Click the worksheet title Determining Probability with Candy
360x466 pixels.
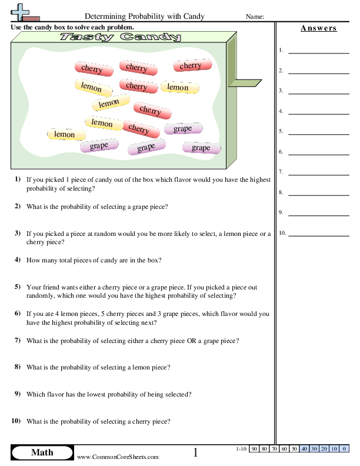145,16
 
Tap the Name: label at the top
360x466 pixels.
254,16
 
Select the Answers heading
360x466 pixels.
318,28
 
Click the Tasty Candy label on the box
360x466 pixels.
121,38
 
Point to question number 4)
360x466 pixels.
18,259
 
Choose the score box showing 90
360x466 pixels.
255,449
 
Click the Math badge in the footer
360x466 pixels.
42,452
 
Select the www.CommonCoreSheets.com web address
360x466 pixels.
118,457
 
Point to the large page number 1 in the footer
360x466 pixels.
196,452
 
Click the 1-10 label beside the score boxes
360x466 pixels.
240,449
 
